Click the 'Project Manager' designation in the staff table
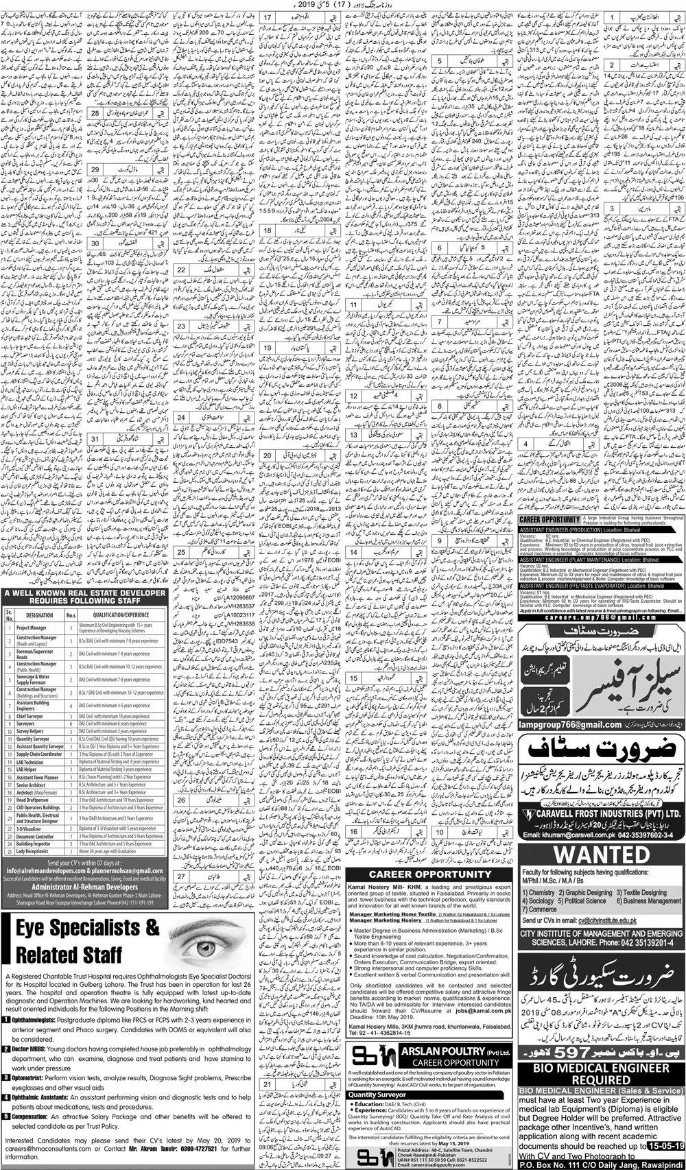(32, 628)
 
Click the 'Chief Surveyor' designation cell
(29, 716)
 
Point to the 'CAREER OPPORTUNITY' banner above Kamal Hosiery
(430, 874)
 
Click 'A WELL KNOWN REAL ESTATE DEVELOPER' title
(84, 593)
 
